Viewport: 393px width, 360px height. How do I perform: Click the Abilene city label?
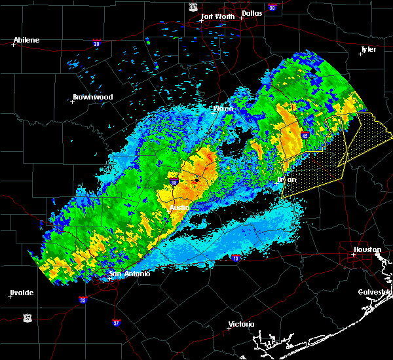(26, 40)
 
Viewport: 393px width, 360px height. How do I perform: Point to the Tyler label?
(368, 50)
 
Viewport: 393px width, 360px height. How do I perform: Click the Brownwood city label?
(93, 97)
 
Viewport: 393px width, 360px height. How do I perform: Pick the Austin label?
(179, 207)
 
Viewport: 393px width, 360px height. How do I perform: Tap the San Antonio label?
(130, 274)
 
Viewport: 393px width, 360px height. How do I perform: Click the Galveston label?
(374, 292)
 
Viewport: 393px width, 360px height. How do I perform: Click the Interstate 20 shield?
(97, 43)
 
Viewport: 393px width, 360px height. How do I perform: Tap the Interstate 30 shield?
(271, 8)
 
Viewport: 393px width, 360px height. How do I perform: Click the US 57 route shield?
(27, 317)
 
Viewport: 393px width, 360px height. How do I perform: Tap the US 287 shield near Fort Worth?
(193, 6)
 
